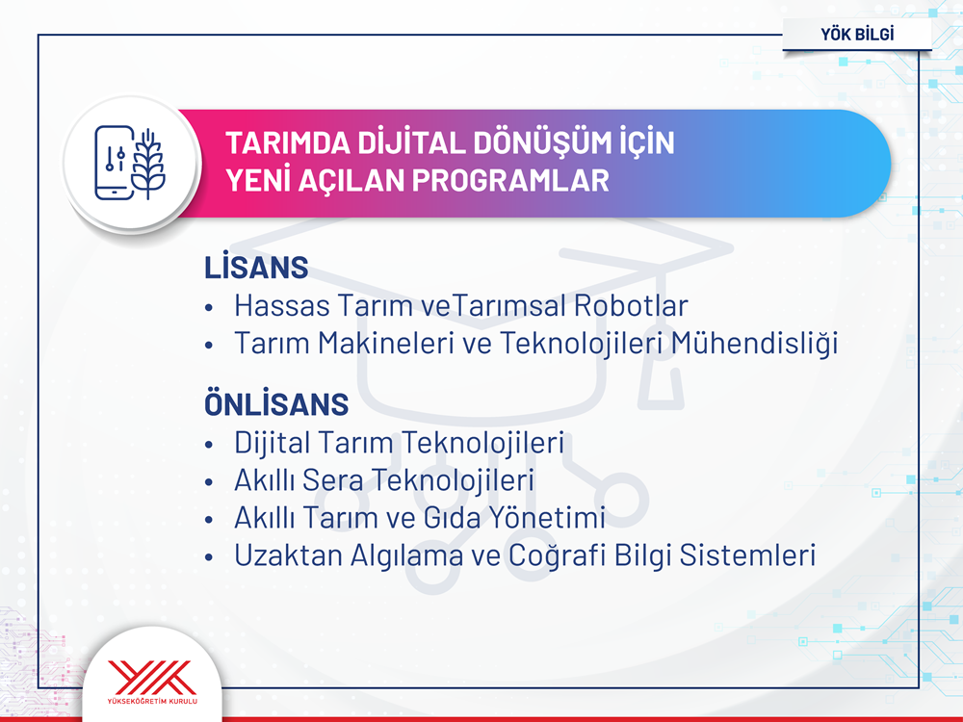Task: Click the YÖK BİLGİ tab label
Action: (x=857, y=34)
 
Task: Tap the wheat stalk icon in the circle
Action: (x=148, y=164)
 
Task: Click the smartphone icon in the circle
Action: (x=114, y=163)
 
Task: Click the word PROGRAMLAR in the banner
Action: (x=510, y=181)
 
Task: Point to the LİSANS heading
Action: (x=256, y=267)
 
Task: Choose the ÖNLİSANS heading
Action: (x=276, y=403)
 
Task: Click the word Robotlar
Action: (x=631, y=306)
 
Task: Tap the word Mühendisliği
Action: (x=754, y=344)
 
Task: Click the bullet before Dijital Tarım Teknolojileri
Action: (x=209, y=445)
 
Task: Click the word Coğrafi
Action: (x=557, y=556)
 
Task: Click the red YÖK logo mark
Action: (x=152, y=677)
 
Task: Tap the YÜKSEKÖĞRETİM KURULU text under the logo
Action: (x=152, y=701)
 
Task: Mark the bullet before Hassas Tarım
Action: (x=209, y=307)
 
